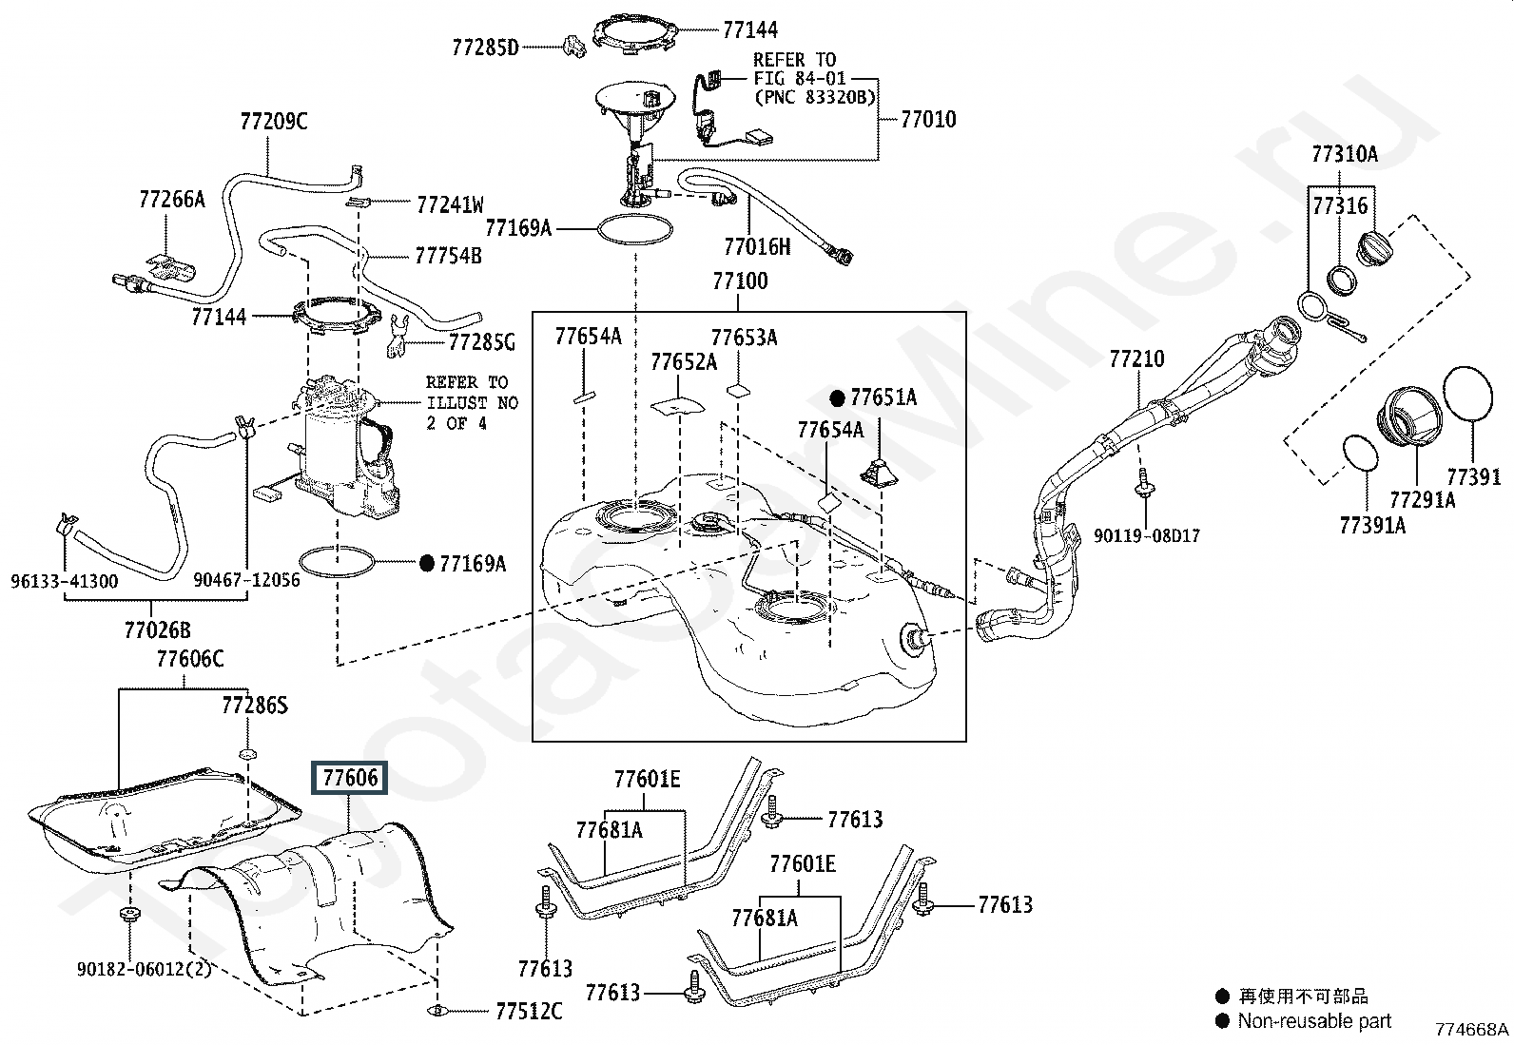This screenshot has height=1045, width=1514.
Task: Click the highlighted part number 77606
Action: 349,777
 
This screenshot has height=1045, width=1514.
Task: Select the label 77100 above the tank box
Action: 740,281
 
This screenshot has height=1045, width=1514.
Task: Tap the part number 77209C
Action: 274,121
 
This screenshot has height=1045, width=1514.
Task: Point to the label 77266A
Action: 172,200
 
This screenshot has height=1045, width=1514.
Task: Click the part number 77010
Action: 929,120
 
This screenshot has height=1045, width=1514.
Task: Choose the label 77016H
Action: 757,246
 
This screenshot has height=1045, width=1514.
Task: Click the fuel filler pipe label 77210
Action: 1136,358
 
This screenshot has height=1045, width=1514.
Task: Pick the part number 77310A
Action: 1345,154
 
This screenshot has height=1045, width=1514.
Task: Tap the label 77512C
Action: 529,1011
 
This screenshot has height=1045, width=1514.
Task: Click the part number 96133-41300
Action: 65,581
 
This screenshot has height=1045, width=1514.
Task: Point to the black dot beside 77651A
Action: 838,398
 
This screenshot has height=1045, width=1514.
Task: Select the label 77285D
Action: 485,48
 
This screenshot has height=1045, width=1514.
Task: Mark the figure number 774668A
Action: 1472,1029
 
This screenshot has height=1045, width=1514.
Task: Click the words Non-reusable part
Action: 1314,1020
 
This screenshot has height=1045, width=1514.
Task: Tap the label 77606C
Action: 190,658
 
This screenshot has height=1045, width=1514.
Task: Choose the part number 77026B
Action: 158,630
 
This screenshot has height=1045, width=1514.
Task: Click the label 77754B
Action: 448,256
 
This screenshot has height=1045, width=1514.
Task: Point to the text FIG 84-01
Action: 800,78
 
